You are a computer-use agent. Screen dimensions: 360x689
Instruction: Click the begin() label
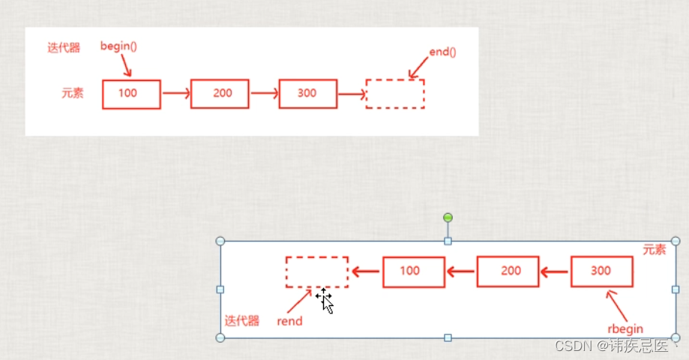click(x=118, y=46)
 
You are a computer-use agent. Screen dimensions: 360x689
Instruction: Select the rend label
click(x=289, y=321)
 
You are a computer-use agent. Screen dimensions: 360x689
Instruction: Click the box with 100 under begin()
click(x=131, y=94)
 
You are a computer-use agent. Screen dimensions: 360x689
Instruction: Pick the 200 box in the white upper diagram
click(x=220, y=94)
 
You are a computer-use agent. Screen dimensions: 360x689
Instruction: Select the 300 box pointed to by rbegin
click(x=601, y=271)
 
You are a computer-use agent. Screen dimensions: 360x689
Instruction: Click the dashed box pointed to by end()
click(x=395, y=94)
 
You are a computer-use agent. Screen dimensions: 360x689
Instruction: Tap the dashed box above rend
click(x=316, y=271)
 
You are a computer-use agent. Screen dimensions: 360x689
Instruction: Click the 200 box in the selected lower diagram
click(x=508, y=271)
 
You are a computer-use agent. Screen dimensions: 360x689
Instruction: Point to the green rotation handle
click(x=448, y=218)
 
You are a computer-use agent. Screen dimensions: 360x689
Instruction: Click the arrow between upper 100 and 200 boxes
click(x=175, y=94)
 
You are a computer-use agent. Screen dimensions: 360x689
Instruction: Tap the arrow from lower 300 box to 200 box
click(x=555, y=271)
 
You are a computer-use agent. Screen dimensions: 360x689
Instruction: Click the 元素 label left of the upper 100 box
click(x=73, y=94)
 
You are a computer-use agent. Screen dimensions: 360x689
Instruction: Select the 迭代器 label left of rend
click(x=242, y=321)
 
